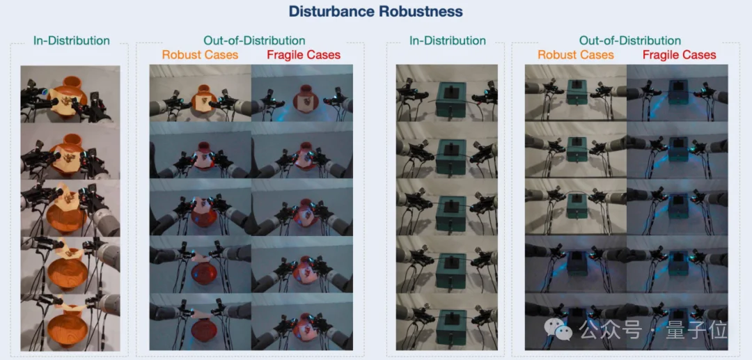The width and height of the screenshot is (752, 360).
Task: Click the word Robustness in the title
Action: click(421, 12)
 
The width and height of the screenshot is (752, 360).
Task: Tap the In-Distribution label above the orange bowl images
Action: click(72, 41)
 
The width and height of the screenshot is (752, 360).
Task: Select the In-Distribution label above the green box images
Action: click(448, 41)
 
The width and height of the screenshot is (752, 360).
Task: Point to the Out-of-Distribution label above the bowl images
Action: click(254, 41)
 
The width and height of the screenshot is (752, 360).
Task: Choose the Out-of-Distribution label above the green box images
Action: click(629, 41)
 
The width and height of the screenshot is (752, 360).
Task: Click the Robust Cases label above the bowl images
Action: click(200, 54)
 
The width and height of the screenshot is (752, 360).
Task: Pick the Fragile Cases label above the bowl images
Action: click(304, 54)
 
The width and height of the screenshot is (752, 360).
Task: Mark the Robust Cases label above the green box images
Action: click(576, 54)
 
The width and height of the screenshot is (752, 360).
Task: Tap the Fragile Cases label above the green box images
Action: click(679, 54)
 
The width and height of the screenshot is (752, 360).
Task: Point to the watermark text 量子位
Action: click(696, 330)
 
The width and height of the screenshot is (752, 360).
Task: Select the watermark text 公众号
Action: click(610, 330)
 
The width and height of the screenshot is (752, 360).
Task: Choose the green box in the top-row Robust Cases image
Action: click(577, 92)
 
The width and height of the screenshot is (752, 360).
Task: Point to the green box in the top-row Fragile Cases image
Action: click(678, 92)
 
